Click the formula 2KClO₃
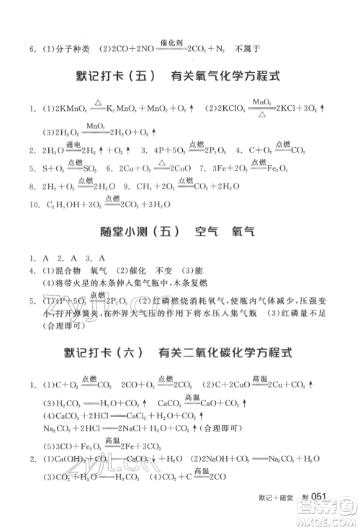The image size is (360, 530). (x=233, y=109)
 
